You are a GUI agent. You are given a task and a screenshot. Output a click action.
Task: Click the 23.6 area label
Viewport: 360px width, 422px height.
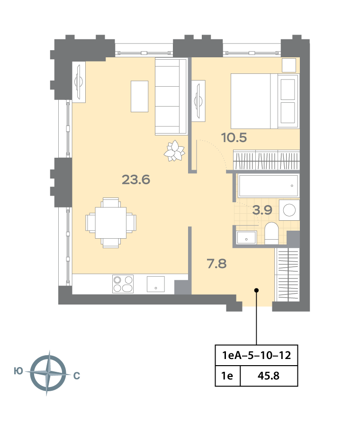tap(136, 180)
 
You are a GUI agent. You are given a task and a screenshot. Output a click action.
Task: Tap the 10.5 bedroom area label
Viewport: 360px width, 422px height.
tap(234, 137)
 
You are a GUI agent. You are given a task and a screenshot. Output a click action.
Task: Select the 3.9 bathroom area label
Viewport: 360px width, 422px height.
tap(262, 210)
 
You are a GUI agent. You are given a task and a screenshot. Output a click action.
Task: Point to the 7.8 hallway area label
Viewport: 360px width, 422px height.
tap(217, 263)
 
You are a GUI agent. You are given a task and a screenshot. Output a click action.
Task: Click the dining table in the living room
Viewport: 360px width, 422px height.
tap(111, 223)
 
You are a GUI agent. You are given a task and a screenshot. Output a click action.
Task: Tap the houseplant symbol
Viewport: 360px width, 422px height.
tap(174, 151)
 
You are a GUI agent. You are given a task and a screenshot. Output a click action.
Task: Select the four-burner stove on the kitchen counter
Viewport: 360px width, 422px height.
tap(123, 284)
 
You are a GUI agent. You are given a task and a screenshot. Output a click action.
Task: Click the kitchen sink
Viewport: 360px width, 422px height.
tap(156, 284)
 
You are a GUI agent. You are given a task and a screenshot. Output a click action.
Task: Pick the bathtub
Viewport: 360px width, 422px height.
tap(269, 186)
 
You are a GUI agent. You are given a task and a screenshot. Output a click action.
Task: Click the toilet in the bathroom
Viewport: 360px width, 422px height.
tap(271, 233)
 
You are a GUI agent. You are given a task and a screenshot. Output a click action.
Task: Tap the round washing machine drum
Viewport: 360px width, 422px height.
tap(289, 210)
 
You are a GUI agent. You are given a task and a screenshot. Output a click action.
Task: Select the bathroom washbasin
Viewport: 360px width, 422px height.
tap(246, 237)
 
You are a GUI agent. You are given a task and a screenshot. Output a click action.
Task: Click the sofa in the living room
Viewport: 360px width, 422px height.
tap(171, 97)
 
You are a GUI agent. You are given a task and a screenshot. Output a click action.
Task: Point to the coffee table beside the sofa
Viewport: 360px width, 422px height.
tap(139, 96)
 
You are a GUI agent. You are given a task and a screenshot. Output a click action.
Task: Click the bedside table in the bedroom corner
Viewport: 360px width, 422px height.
tap(289, 65)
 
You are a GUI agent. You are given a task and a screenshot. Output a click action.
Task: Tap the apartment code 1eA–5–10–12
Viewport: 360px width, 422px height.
tap(257, 355)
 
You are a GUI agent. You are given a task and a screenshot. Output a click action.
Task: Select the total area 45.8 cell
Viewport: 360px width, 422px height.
tap(269, 376)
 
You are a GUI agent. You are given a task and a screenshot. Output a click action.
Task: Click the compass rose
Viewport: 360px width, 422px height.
tap(48, 373)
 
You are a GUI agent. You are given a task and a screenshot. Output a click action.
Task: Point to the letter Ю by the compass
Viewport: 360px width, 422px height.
tap(18, 371)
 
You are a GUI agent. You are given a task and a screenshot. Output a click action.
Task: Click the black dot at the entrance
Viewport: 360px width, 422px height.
tap(257, 290)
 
